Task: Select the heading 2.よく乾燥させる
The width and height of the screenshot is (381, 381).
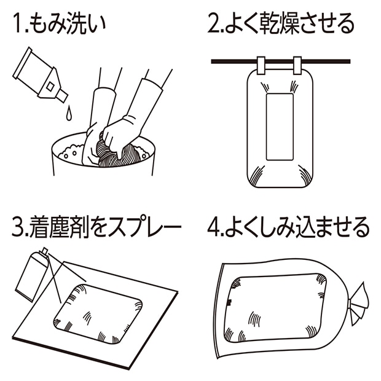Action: tap(281, 24)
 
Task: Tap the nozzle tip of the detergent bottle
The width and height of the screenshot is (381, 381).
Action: tap(63, 96)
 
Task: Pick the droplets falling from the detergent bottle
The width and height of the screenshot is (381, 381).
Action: tap(68, 112)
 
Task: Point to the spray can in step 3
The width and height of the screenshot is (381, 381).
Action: tap(31, 276)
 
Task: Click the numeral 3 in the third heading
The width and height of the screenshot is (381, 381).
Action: tap(17, 228)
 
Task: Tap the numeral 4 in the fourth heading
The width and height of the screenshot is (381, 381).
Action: tap(213, 228)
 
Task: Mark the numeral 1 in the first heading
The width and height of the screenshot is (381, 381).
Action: tap(17, 24)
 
